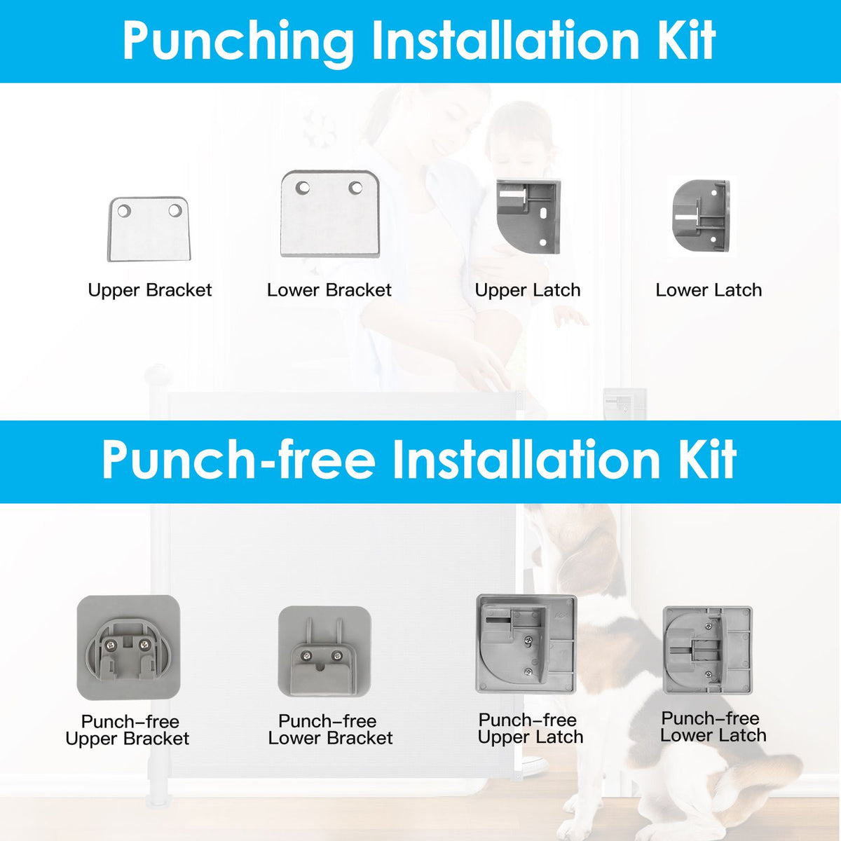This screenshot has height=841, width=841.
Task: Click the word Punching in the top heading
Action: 238,42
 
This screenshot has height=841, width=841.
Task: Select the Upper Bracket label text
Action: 150,291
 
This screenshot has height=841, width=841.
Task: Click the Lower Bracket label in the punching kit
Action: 329,290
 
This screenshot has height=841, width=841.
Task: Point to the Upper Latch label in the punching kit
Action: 528,291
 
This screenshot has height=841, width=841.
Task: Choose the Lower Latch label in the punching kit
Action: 709,290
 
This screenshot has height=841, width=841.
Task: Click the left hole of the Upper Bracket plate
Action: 123,211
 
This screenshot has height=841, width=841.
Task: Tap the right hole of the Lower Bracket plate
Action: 355,188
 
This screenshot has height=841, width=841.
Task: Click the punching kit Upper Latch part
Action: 528,217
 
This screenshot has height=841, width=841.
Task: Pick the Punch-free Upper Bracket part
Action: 129,648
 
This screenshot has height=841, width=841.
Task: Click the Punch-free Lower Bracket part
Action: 324,651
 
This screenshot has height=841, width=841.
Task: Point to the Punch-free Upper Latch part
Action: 526,644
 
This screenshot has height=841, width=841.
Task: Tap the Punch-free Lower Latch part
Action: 708,650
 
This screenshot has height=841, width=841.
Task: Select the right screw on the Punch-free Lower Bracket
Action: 336,655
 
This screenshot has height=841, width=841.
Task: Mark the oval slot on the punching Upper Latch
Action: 544,212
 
